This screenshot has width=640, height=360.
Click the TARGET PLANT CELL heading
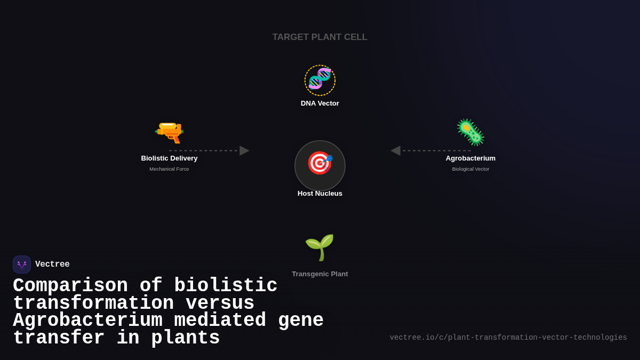[320, 37]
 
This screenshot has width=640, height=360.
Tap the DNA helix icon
[320, 79]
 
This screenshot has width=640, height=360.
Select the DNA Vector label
[320, 103]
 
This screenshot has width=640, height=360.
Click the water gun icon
[169, 131]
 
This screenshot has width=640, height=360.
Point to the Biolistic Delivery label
[169, 158]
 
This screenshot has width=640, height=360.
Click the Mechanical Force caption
[169, 169]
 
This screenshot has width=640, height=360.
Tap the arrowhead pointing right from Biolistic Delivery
[244, 150]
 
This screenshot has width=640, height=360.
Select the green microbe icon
[470, 132]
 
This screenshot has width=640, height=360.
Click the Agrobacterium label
[470, 158]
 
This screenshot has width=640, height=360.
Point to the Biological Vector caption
[470, 169]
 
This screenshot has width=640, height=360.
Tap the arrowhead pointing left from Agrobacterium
[396, 150]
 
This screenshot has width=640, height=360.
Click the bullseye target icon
[319, 163]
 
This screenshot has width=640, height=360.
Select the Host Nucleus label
[320, 194]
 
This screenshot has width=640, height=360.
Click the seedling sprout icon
[319, 247]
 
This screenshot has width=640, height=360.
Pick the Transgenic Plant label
[320, 274]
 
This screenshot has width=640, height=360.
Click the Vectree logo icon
[22, 265]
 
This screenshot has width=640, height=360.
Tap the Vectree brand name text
[52, 265]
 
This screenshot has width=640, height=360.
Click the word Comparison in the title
[70, 286]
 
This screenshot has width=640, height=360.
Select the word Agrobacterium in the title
[88, 321]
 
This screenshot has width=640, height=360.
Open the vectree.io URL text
[508, 338]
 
